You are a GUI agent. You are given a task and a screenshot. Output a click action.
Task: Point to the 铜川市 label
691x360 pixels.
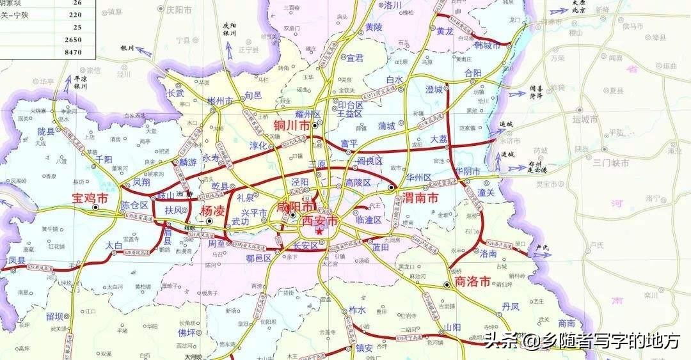tap(292, 125)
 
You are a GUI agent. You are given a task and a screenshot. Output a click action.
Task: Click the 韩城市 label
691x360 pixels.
tap(486, 46)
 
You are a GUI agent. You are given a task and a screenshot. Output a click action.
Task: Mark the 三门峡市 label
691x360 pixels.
tap(610, 162)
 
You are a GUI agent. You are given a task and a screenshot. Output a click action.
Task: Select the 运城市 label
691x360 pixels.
tap(585, 120)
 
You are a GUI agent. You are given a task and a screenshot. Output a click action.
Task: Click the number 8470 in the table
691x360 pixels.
tap(73, 52)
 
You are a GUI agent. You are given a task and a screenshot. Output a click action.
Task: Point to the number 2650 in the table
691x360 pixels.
tap(73, 40)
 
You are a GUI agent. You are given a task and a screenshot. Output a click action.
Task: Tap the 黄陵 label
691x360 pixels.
tap(374, 27)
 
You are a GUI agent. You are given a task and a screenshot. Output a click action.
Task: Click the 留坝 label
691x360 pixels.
tap(54, 316)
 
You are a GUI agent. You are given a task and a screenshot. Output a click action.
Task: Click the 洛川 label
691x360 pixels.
tap(392, 5)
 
